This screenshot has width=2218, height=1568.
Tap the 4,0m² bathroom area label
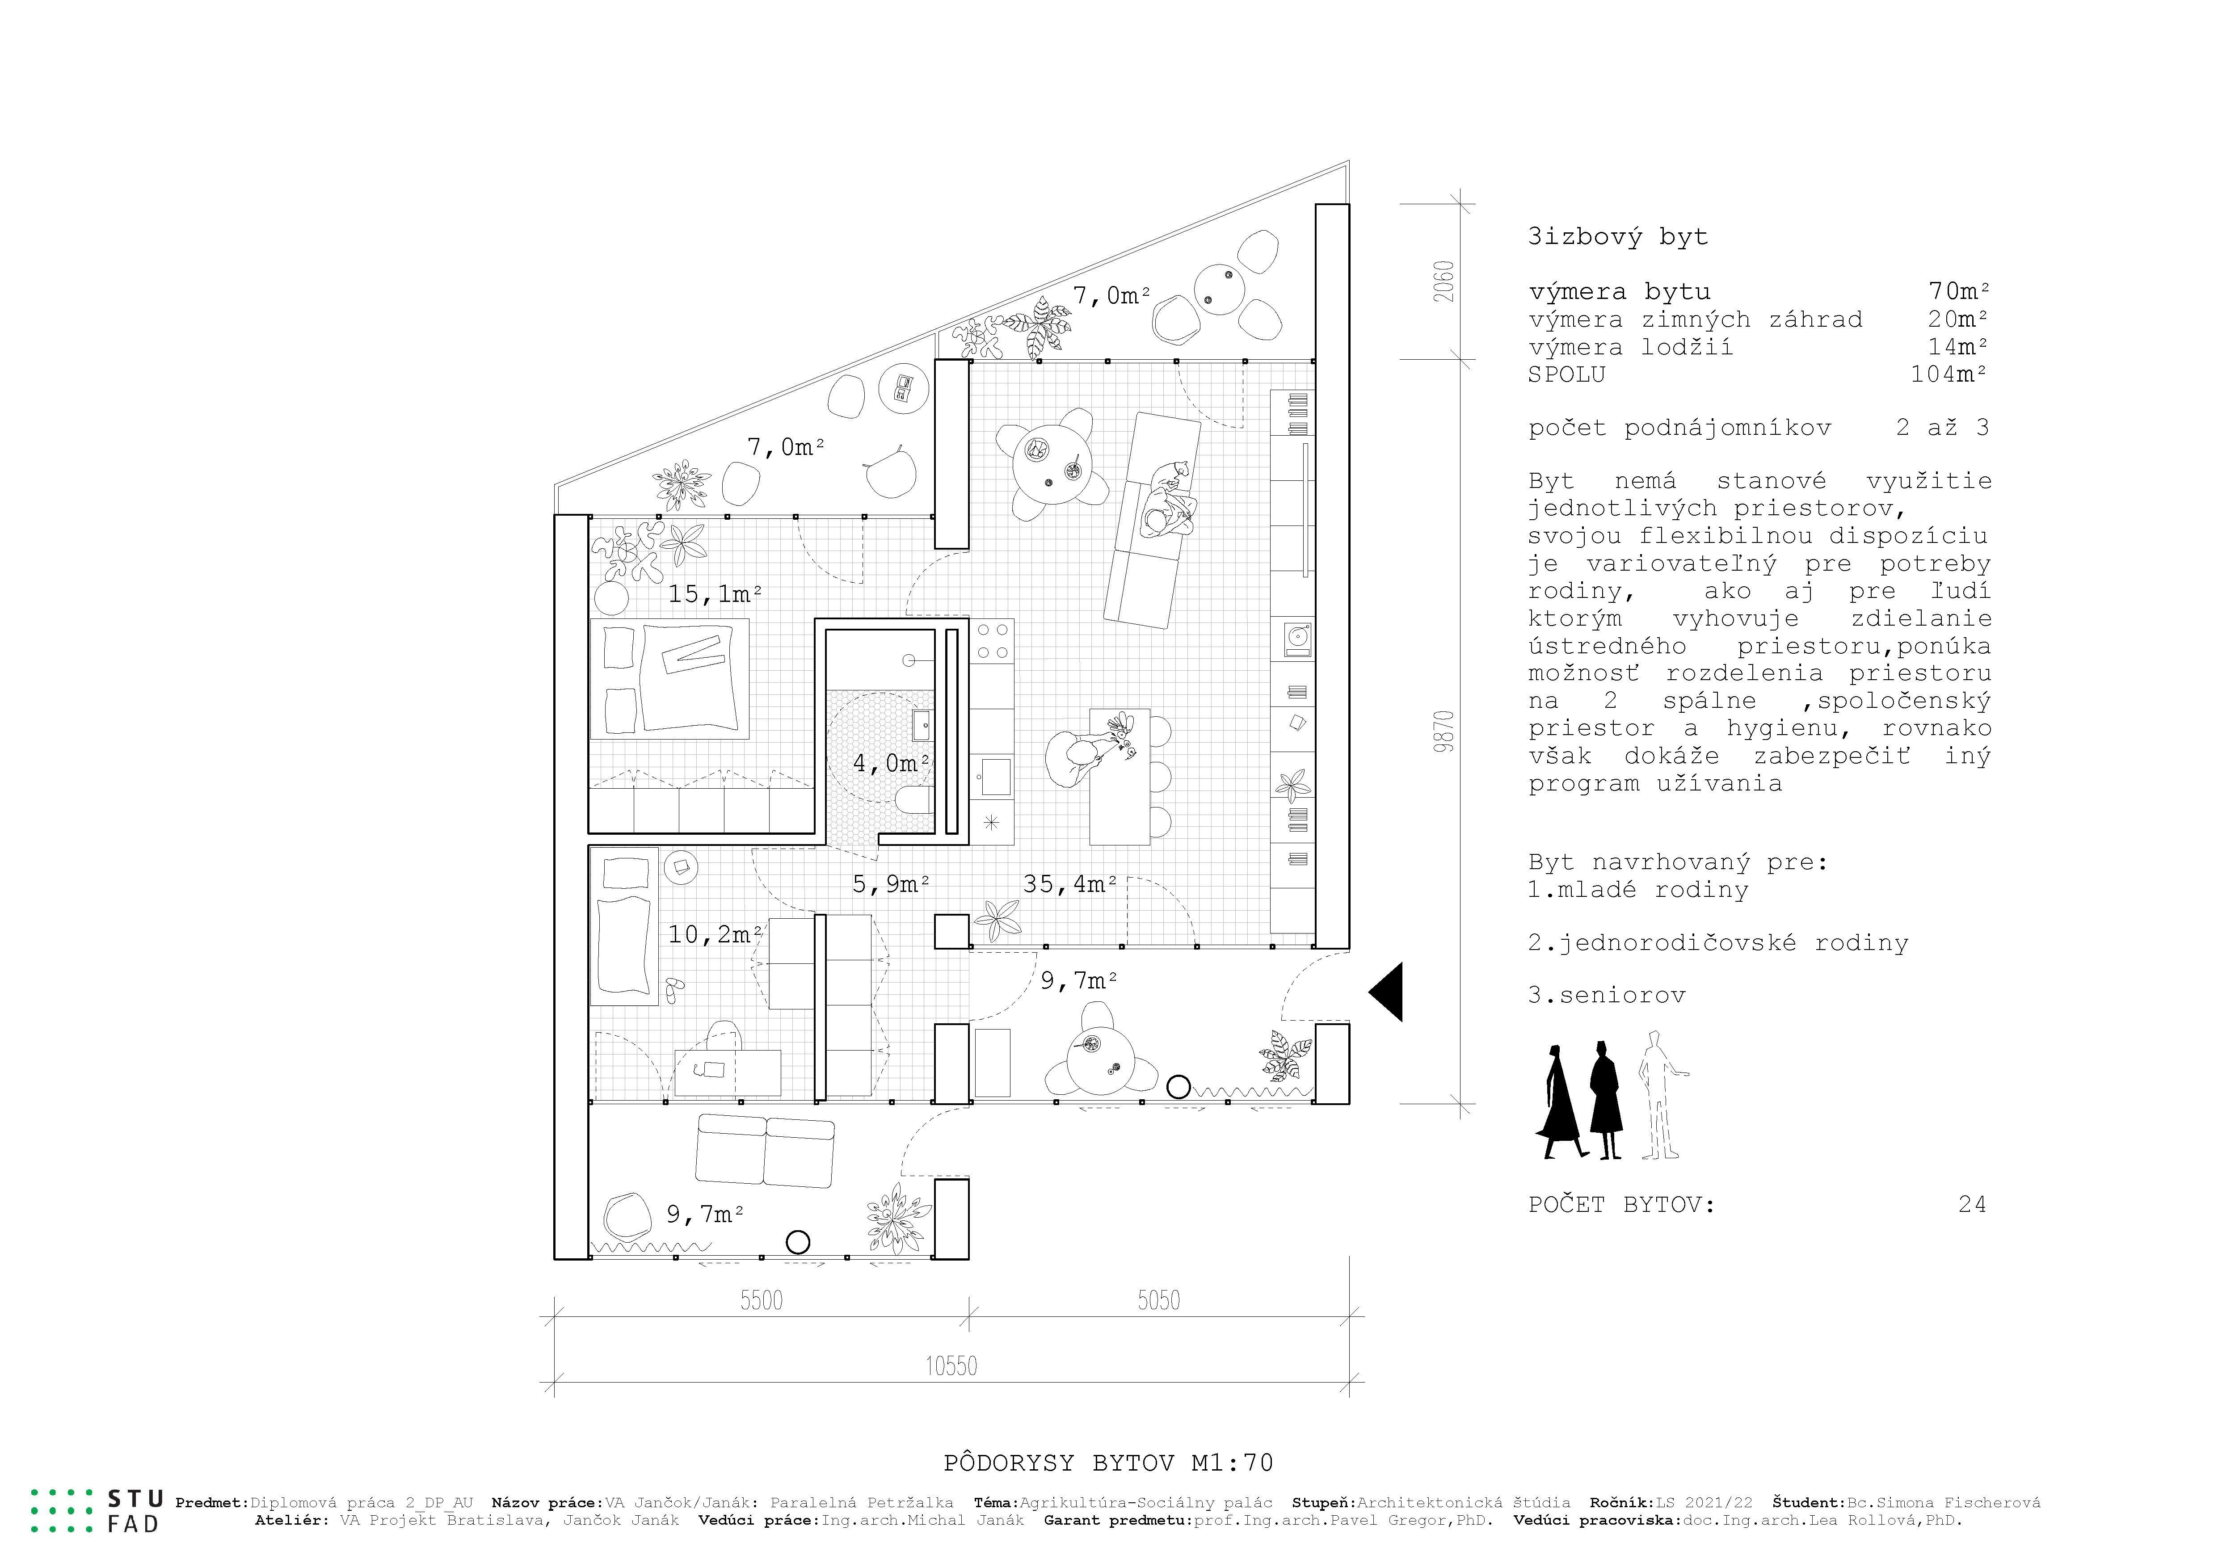(891, 763)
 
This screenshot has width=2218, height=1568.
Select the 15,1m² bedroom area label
(715, 593)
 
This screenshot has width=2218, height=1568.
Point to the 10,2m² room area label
(715, 934)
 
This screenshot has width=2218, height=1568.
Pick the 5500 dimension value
(761, 1300)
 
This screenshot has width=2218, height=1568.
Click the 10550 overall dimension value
(951, 1366)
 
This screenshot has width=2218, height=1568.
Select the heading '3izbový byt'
(1617, 237)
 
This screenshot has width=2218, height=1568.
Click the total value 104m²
(1949, 374)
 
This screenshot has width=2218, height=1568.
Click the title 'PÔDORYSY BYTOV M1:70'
(1108, 1463)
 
